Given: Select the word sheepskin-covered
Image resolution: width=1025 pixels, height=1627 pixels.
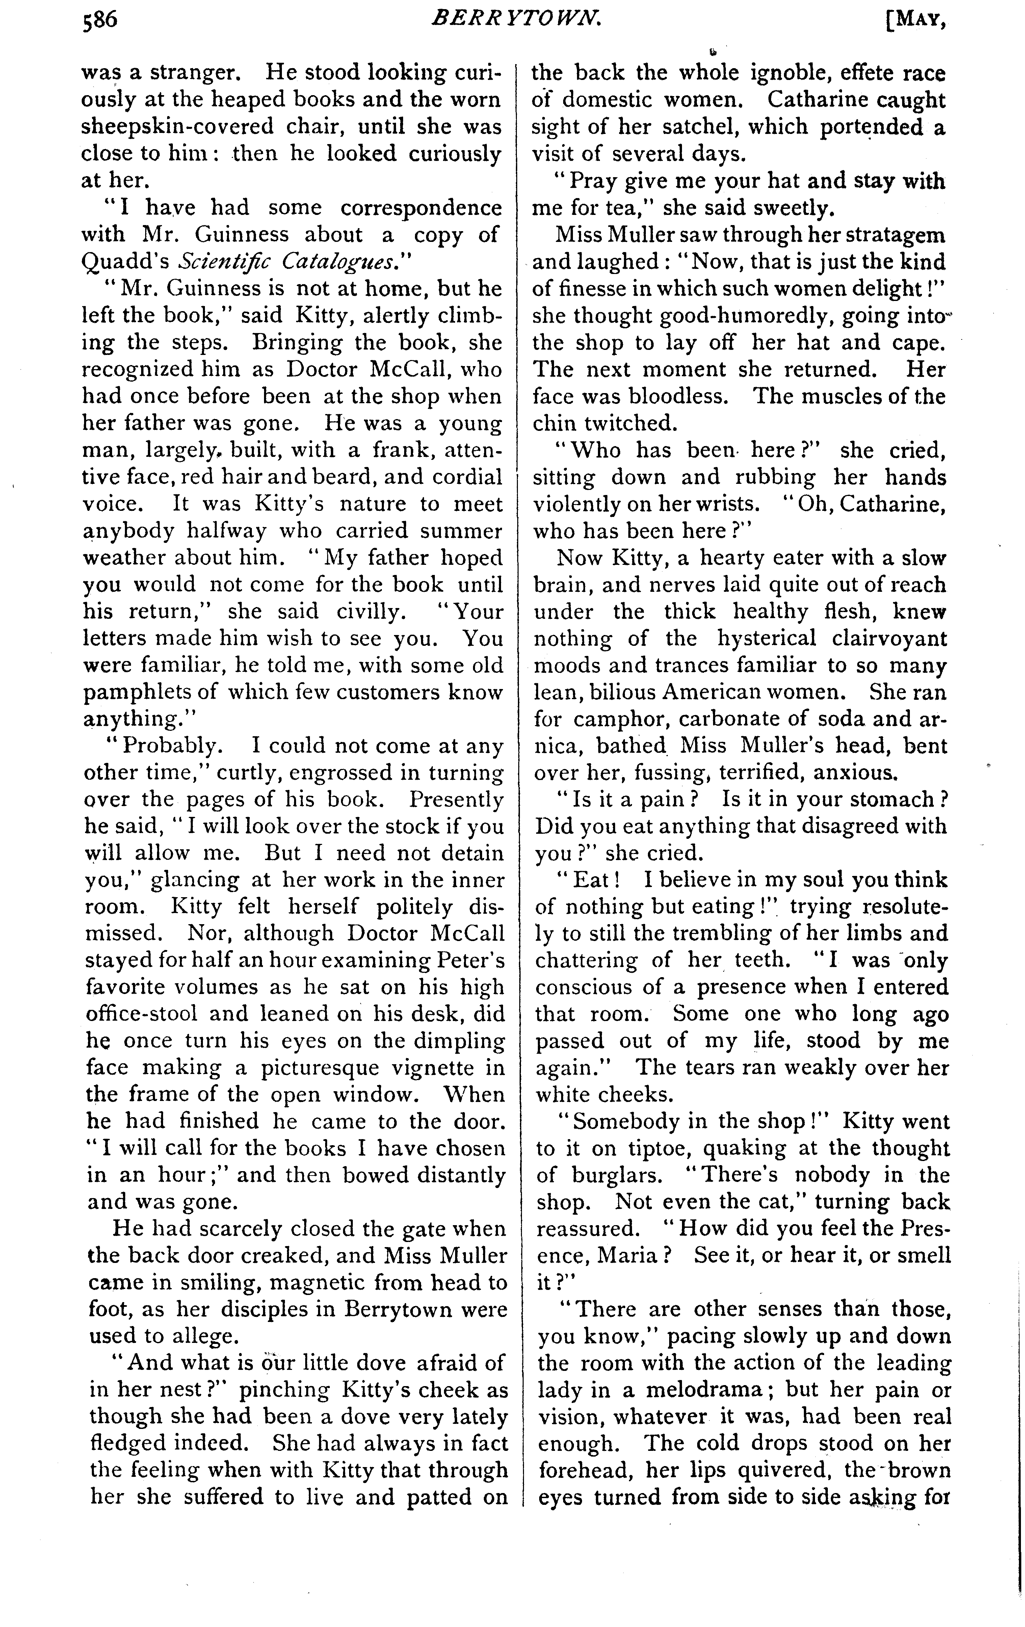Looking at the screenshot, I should pos(177,126).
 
